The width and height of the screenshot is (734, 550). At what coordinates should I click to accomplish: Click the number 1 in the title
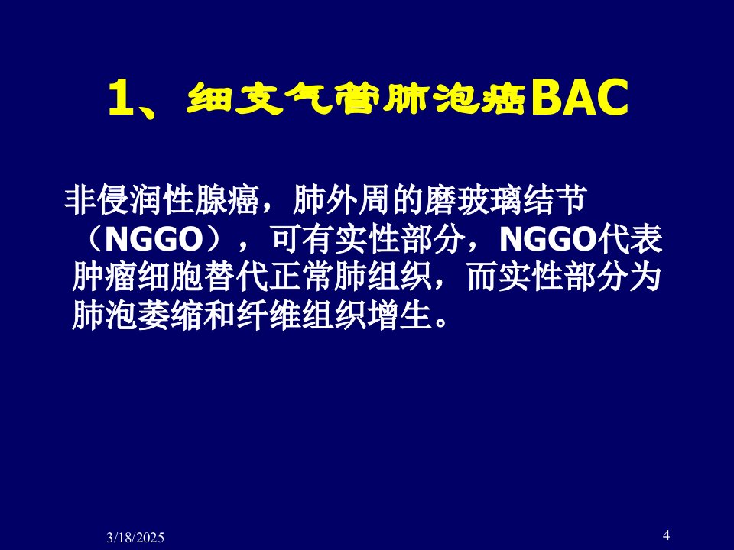119,99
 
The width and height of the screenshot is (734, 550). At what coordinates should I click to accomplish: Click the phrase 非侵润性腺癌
162,201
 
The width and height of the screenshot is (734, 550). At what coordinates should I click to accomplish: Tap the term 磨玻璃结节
506,201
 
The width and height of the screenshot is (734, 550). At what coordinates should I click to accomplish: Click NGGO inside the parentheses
154,239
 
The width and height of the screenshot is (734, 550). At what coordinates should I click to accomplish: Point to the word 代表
629,239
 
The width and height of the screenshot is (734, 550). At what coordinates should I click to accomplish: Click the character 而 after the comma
482,277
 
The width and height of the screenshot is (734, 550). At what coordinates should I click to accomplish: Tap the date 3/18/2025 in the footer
135,537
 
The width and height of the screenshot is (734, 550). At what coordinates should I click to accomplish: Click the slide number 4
666,535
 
